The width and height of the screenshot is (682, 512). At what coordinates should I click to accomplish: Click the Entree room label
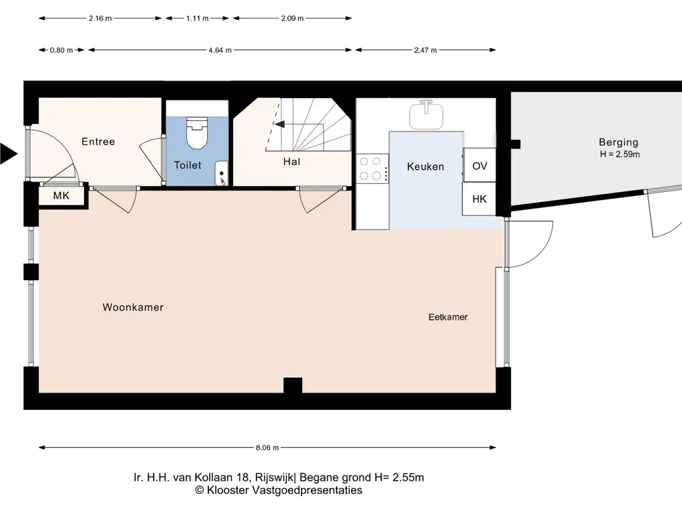coord(99,141)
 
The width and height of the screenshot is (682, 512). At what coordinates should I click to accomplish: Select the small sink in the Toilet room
coord(221,173)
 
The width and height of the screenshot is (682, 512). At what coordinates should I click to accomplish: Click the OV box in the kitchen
coord(480,165)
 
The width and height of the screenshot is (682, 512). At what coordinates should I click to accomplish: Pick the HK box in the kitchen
coord(480,199)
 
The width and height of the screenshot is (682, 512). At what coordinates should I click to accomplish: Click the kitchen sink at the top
coord(426,115)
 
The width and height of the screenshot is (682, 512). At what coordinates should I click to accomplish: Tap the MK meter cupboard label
coord(61,195)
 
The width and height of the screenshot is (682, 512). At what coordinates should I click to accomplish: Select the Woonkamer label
coord(133,307)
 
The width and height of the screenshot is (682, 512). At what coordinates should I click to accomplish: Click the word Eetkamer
coord(448,317)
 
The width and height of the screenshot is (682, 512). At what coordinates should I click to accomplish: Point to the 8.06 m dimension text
coord(267,447)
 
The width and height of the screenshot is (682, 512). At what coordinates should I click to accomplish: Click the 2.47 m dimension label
coord(426,50)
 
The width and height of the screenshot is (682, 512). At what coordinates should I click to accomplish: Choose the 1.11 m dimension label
coord(197,18)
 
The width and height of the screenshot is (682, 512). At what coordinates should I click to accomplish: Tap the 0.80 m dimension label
coord(61,50)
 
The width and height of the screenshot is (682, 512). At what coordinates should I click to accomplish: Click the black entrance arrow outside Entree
coord(8,153)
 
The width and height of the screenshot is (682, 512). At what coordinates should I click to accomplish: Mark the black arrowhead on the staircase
coord(280,125)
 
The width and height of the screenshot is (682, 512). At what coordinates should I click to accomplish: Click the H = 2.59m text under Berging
coord(619,154)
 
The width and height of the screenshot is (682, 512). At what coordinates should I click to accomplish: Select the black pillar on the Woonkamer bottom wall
coord(293,385)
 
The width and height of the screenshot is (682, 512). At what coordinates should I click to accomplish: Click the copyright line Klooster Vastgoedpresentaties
coord(278,490)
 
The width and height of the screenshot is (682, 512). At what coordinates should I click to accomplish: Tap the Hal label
coord(292,161)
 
